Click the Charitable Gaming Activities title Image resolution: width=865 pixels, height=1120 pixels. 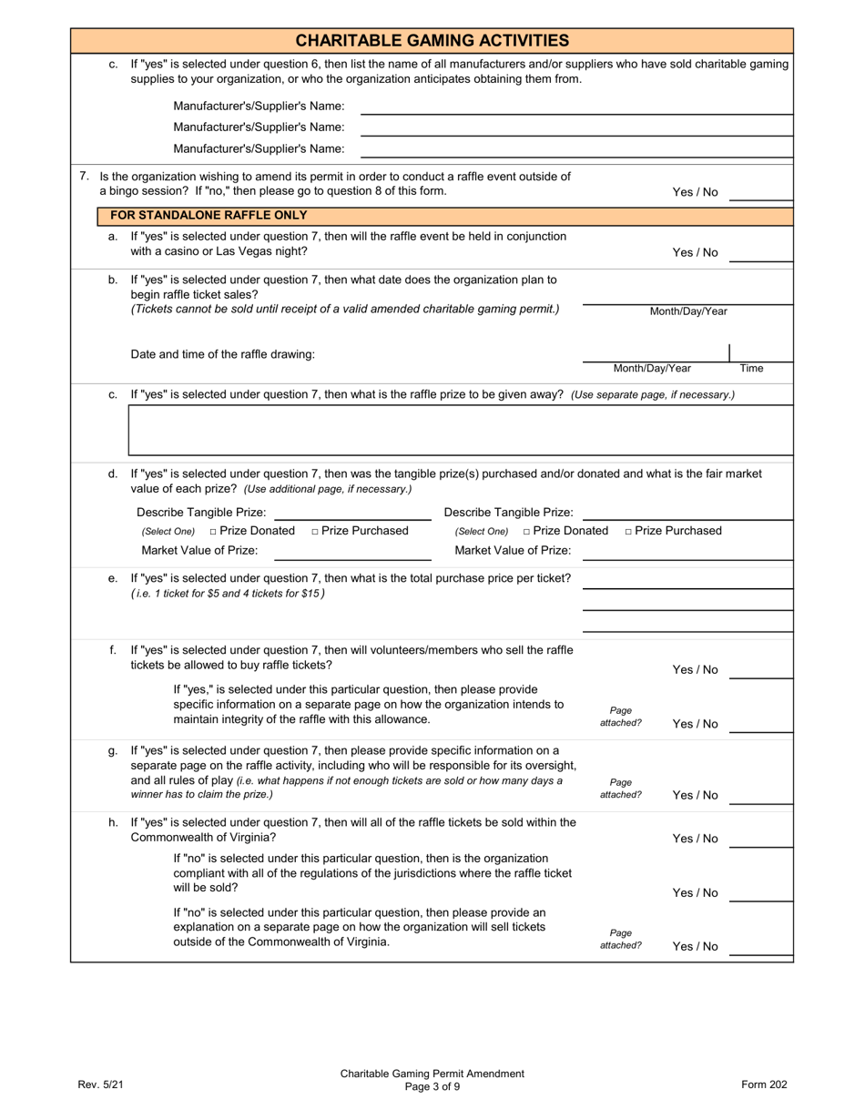click(432, 40)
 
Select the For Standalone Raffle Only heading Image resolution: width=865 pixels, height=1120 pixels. click(209, 216)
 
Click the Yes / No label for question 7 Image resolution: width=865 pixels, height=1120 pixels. click(695, 192)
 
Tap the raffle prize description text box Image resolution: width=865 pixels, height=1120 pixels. click(461, 430)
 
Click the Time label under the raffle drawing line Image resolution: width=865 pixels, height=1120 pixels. click(751, 369)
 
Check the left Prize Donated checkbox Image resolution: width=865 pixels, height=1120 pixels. click(213, 532)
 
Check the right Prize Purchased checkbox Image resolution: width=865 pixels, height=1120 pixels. click(629, 532)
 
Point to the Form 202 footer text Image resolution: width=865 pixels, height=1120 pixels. click(764, 1084)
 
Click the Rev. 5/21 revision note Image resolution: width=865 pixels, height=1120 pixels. click(100, 1084)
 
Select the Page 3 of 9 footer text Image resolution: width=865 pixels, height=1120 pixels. click(432, 1086)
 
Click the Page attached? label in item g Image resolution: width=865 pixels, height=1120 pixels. click(620, 789)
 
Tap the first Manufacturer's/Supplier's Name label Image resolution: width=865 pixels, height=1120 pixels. click(259, 107)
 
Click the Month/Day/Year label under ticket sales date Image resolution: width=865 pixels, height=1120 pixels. click(688, 311)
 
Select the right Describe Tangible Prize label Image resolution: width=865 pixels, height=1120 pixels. click(508, 513)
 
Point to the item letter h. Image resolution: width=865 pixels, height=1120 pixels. click(113, 822)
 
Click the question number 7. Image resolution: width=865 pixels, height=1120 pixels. click(84, 177)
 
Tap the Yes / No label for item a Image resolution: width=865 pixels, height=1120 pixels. click(695, 253)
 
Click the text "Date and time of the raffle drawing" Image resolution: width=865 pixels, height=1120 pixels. click(223, 354)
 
